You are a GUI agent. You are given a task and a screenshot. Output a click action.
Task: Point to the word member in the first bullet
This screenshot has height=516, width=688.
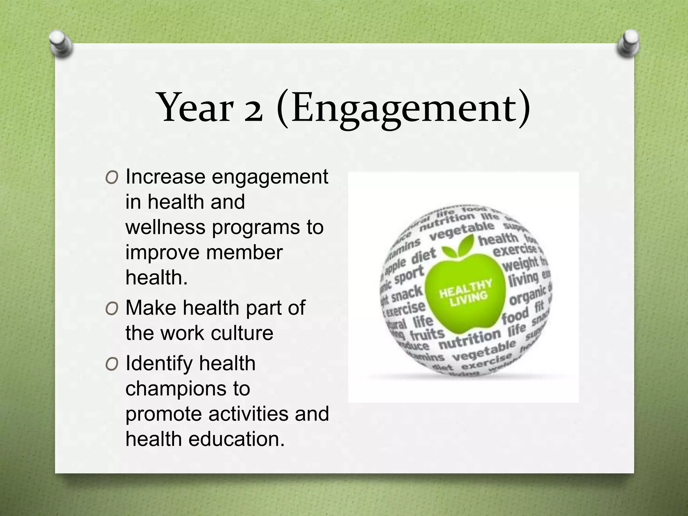(x=244, y=252)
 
